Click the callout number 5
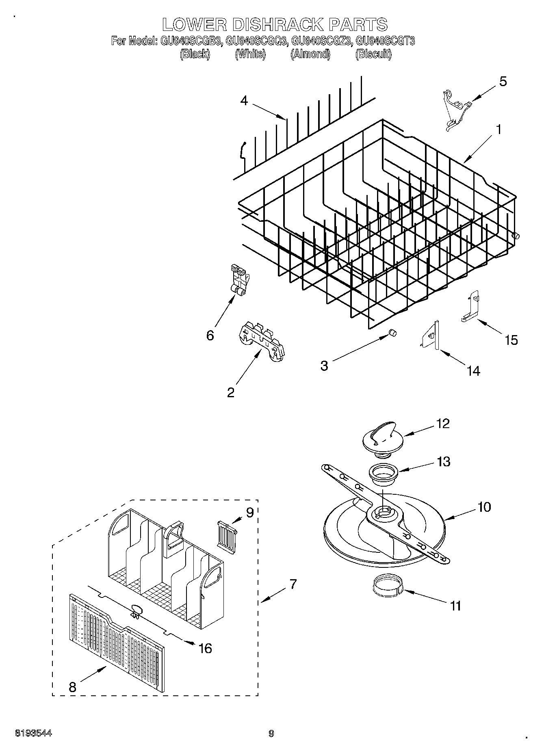point(503,82)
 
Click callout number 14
point(473,370)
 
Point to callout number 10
point(484,507)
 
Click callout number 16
point(206,648)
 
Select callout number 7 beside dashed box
point(293,585)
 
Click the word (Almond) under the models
point(310,54)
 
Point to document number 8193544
point(34,734)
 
